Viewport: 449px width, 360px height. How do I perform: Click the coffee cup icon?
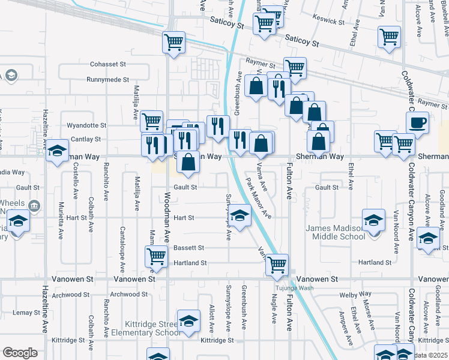417,122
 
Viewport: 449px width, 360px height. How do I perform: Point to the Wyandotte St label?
86,126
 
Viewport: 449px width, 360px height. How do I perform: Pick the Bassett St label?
189,247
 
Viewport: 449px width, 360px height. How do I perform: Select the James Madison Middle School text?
335,232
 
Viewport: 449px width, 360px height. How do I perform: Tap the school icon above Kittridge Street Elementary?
188,320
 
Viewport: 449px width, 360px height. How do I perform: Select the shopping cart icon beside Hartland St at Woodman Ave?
156,256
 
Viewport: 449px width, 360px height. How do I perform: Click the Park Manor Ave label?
259,197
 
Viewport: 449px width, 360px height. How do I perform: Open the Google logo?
20,353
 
